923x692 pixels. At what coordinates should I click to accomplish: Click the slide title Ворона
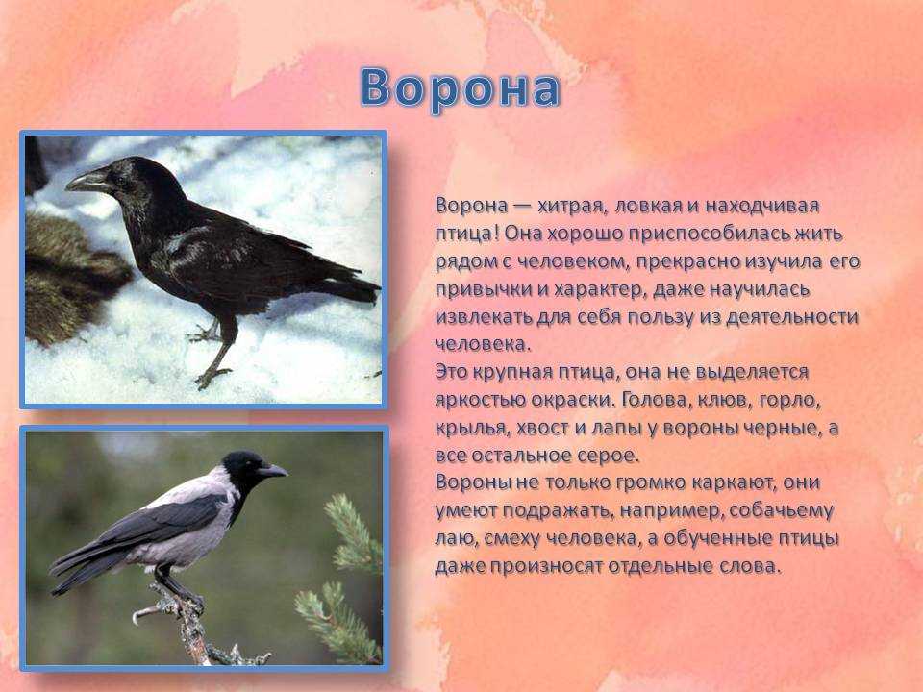click(460, 88)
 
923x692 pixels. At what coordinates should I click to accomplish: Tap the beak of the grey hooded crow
click(272, 470)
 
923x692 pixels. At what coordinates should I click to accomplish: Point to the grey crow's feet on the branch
click(177, 594)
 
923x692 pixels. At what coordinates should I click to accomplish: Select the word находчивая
click(761, 206)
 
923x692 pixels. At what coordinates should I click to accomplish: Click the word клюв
click(722, 400)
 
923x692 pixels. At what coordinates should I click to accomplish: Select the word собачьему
click(781, 510)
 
